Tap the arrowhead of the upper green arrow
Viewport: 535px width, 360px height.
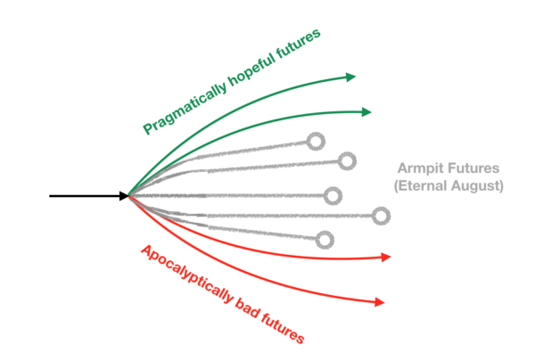tap(350, 78)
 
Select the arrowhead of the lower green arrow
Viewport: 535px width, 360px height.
tap(366, 112)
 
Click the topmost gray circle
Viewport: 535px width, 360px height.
tap(314, 141)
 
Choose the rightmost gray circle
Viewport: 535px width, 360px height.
tap(382, 215)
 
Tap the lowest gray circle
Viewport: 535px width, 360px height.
tap(325, 239)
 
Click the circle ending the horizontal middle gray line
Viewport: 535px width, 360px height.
tap(333, 195)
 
